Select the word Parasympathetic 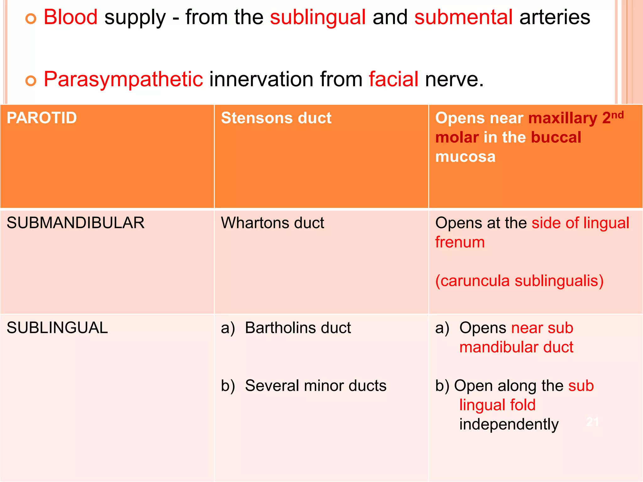point(123,80)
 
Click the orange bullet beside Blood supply point(31,19)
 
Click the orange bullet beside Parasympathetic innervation point(31,81)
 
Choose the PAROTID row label point(42,118)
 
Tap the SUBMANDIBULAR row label point(76,223)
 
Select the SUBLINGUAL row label point(57,328)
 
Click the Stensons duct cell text point(276,118)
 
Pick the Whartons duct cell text point(273,223)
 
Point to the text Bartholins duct point(298,328)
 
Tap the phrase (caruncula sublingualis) point(519,281)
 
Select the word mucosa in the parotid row point(465,157)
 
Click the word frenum point(460,242)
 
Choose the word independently point(509,425)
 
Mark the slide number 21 point(592,422)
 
